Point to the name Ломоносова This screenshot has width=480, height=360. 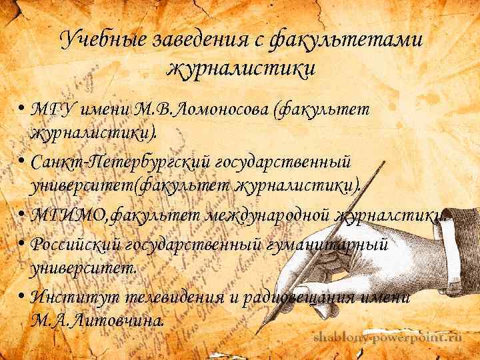click(x=212, y=109)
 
